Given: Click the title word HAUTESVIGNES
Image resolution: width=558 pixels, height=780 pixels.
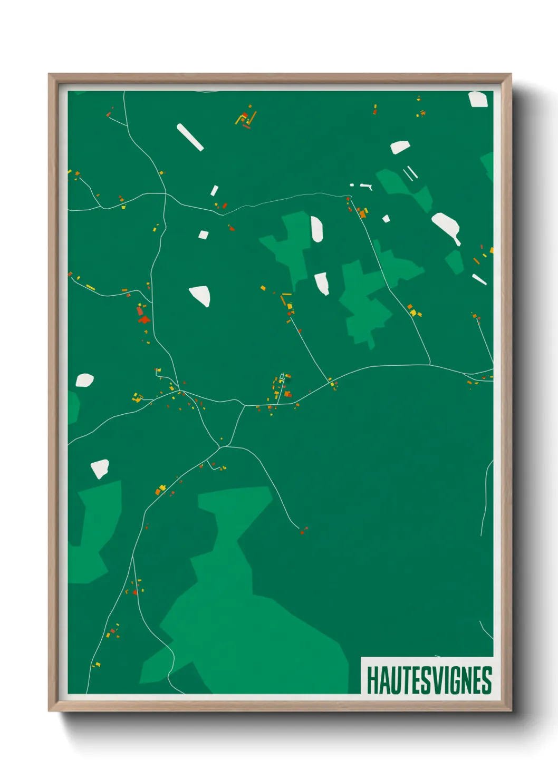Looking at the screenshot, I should point(429,680).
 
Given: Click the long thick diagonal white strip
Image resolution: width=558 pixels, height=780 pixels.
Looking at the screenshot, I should point(190,137).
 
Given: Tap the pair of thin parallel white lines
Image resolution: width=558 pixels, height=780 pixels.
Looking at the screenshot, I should point(410,173).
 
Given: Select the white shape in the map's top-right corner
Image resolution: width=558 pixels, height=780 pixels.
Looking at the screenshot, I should point(478,99).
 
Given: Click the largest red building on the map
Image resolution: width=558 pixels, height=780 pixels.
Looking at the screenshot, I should point(144,319).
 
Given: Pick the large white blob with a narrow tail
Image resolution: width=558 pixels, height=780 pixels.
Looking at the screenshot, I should point(446,227).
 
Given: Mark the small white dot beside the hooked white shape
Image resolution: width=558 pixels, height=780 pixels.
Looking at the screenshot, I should point(352,185).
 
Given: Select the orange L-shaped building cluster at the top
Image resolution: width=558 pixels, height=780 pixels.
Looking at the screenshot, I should point(246,119).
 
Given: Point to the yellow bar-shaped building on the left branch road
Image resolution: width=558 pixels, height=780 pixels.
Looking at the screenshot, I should point(90,287).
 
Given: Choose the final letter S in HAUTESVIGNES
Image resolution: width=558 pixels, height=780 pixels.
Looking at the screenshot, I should point(487,680).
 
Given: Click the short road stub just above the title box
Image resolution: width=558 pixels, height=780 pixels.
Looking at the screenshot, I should point(485,630).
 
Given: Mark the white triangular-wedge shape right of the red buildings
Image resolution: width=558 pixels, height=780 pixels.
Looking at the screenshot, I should point(200,295).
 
